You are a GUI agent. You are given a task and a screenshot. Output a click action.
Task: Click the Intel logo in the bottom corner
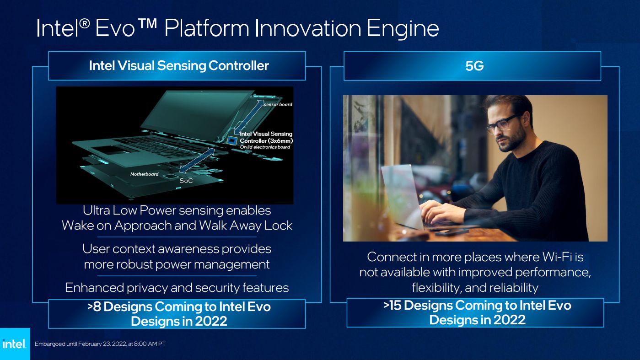tap(15, 344)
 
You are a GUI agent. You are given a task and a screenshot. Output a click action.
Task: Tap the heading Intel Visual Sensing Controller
tap(179, 65)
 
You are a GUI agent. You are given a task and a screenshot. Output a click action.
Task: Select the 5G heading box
tap(472, 66)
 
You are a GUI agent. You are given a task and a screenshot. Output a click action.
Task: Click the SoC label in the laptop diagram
tap(186, 181)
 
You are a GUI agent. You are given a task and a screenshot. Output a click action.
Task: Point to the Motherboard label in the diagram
tap(144, 174)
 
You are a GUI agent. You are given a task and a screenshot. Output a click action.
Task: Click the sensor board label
tap(278, 105)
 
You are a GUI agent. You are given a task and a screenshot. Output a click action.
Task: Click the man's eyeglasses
tap(502, 124)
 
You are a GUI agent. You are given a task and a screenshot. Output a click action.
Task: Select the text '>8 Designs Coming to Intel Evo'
tap(179, 306)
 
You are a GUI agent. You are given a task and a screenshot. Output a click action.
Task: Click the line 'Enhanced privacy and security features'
tap(177, 287)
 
